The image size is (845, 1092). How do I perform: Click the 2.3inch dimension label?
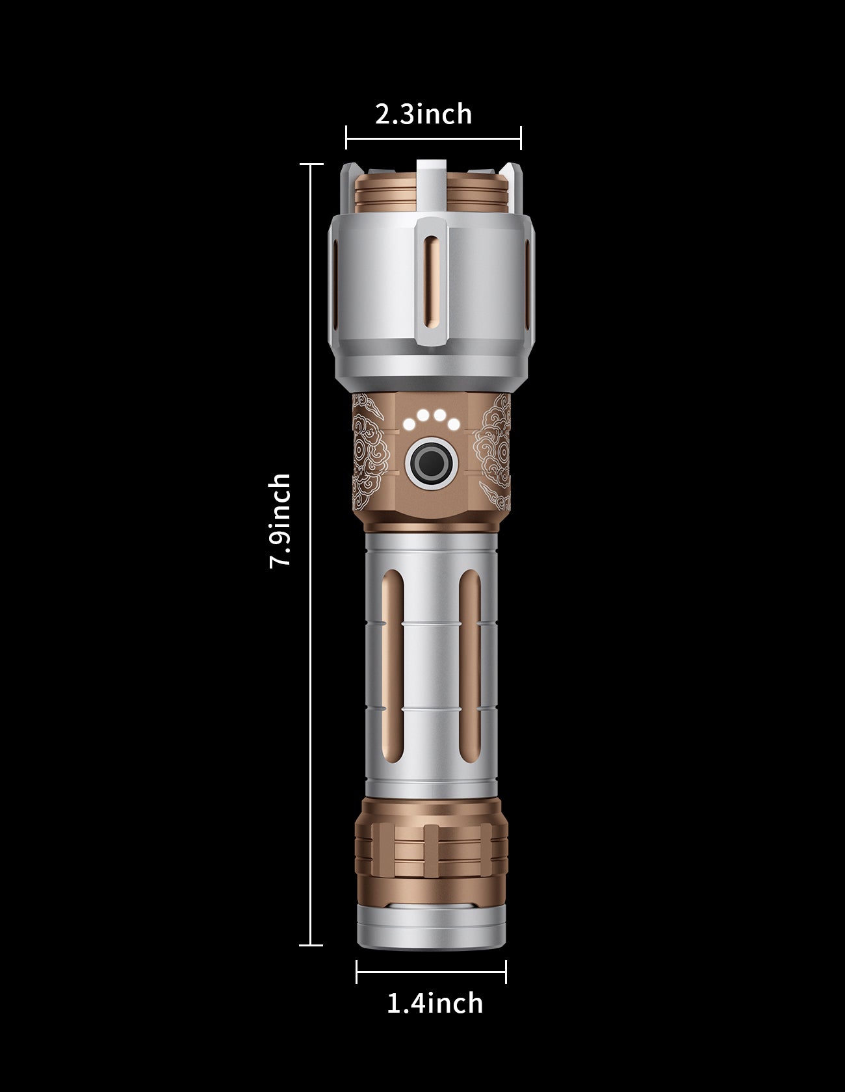coord(424,114)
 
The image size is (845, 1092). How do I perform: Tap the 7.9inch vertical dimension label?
coord(280,521)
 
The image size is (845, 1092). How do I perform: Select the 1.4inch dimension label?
coord(435,1003)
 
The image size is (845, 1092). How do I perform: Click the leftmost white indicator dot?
coord(409,425)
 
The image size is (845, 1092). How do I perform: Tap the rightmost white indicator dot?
coord(454,425)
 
